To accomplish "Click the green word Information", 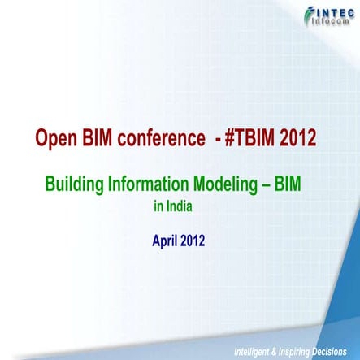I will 146,184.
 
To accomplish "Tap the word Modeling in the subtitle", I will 223,184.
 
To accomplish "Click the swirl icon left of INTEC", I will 310,15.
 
